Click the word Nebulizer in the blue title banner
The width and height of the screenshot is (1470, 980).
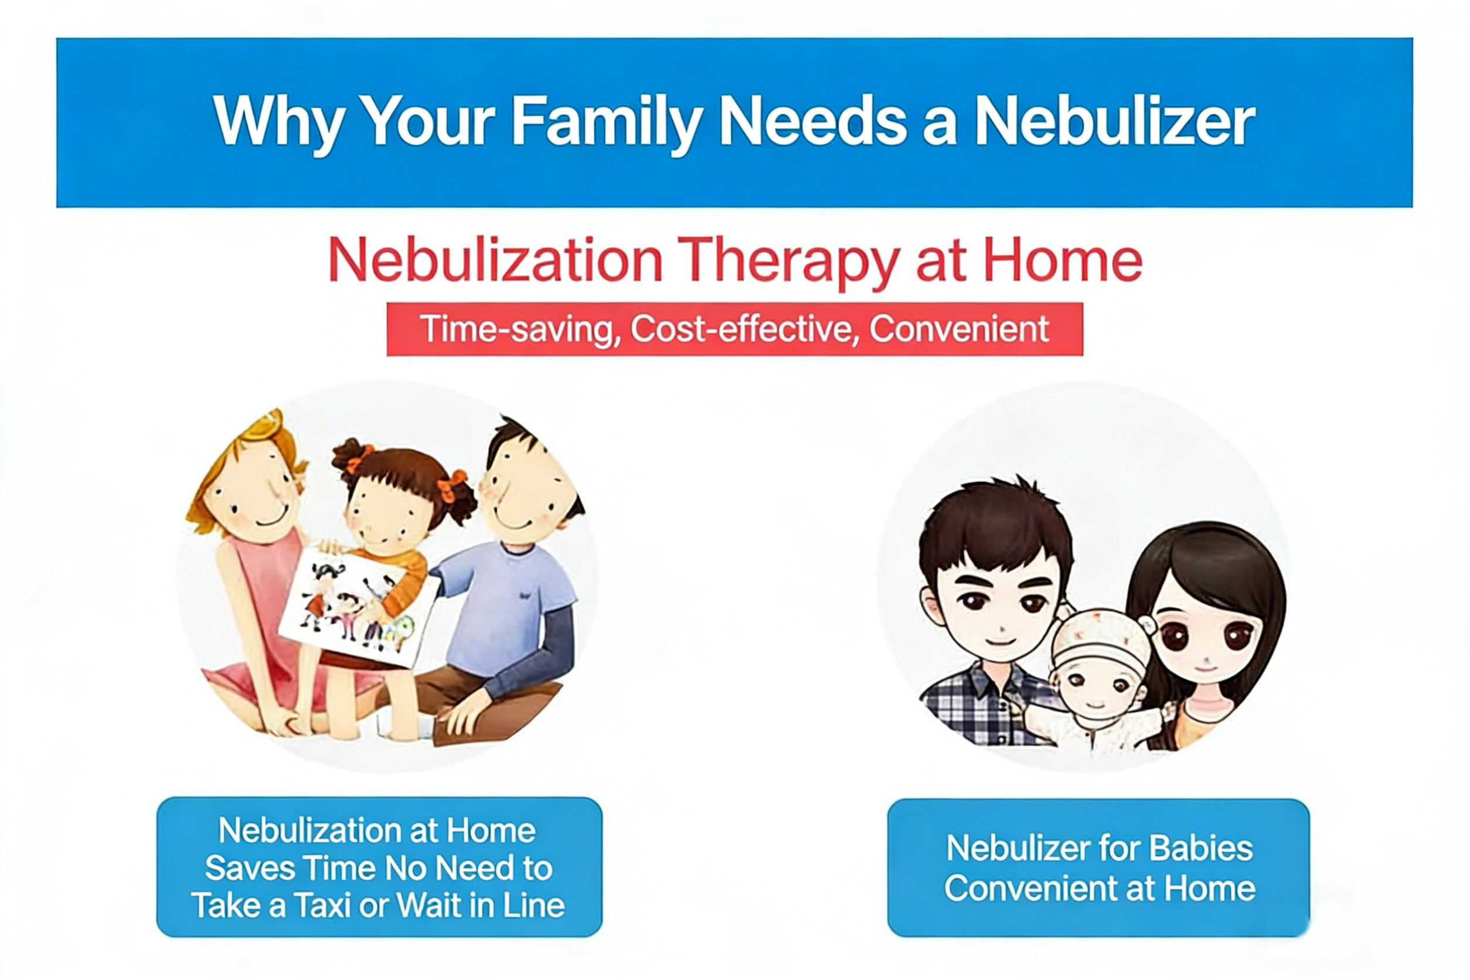coord(1114,122)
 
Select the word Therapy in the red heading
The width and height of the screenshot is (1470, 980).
coord(788,261)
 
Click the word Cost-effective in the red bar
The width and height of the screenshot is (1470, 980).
coord(741,329)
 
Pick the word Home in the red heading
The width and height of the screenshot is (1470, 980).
coord(1063,261)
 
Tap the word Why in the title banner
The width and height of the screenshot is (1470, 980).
coord(278,122)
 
